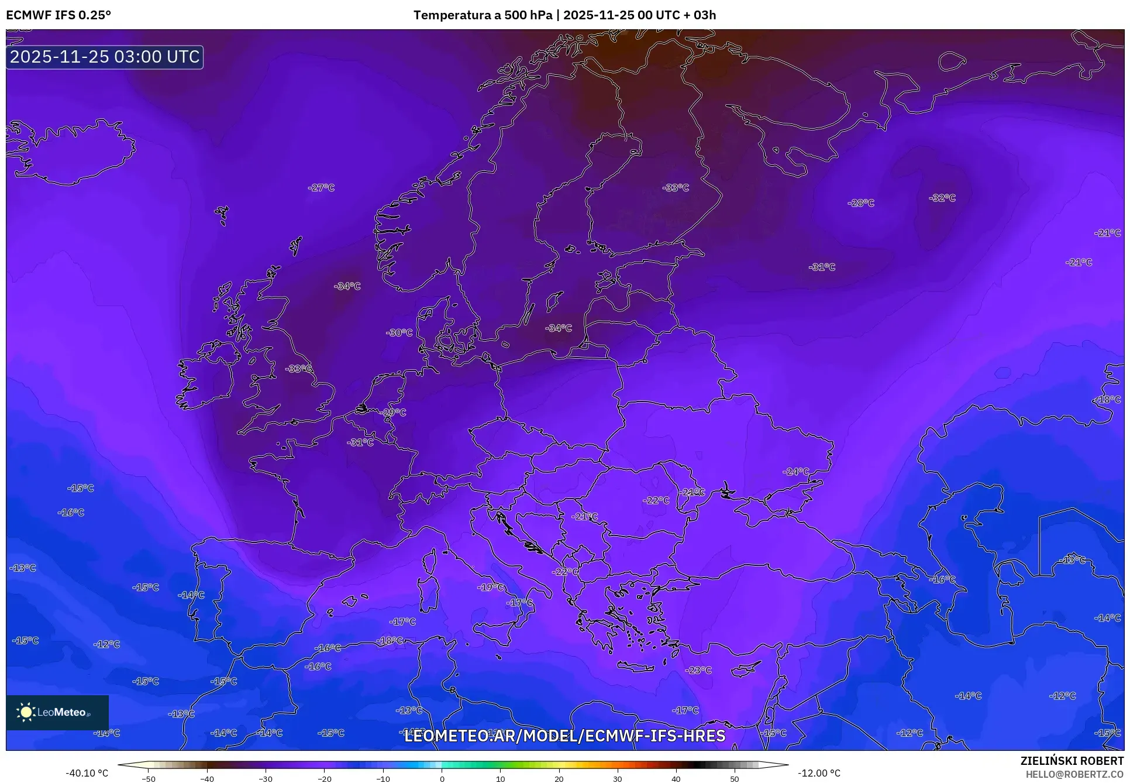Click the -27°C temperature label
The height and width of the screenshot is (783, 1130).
[x=321, y=188]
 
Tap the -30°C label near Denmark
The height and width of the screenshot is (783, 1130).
[x=399, y=332]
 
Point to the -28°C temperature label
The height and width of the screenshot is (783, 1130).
[x=861, y=203]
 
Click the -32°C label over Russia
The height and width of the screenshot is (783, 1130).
[x=942, y=198]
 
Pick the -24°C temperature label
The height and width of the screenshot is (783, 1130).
[x=796, y=472]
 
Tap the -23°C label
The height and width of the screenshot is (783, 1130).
[x=698, y=670]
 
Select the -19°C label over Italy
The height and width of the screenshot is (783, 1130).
[x=490, y=587]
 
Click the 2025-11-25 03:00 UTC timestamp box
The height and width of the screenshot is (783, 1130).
[x=105, y=57]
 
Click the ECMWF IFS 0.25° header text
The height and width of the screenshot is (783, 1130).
[x=58, y=15]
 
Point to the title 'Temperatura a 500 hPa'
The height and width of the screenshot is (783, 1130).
[x=483, y=15]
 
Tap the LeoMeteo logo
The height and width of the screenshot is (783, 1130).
[x=57, y=712]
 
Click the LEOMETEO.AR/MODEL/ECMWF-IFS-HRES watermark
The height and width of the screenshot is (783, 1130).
[x=564, y=736]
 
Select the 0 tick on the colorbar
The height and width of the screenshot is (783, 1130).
[x=442, y=779]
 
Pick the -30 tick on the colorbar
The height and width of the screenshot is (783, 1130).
[x=266, y=779]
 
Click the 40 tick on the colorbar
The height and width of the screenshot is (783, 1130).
[x=676, y=779]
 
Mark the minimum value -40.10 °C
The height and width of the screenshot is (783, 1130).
[x=87, y=773]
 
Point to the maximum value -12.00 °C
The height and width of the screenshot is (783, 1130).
[x=819, y=773]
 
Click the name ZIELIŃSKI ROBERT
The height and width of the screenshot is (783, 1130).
[x=1072, y=761]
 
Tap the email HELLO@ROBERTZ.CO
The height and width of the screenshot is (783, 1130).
[x=1074, y=774]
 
